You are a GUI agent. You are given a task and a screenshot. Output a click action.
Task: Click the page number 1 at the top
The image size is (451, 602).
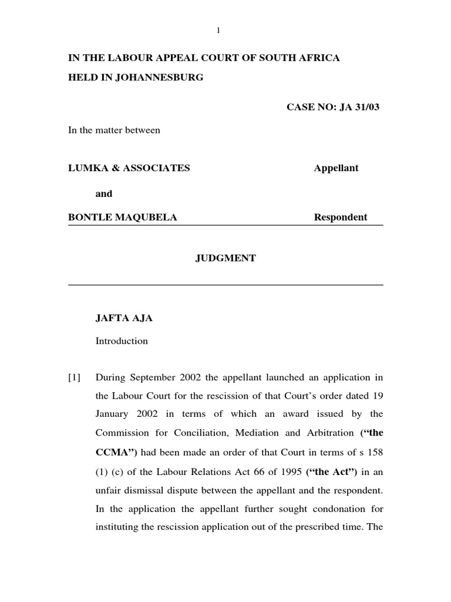click(218, 31)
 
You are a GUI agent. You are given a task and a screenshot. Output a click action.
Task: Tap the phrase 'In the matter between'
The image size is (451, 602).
click(114, 131)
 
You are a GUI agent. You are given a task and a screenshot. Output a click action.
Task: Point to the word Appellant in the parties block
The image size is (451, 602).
click(336, 168)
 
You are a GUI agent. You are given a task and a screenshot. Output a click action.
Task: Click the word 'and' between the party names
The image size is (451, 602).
click(104, 193)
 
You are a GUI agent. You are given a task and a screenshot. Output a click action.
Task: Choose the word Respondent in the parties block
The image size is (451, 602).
click(341, 218)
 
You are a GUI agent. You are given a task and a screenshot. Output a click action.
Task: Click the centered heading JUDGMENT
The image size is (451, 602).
click(225, 258)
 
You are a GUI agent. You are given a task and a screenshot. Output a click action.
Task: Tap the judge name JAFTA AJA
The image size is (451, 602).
click(124, 318)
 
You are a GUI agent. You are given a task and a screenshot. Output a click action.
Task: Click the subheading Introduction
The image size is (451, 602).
click(122, 341)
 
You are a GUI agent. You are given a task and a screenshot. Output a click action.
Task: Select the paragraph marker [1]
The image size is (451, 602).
click(75, 377)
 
